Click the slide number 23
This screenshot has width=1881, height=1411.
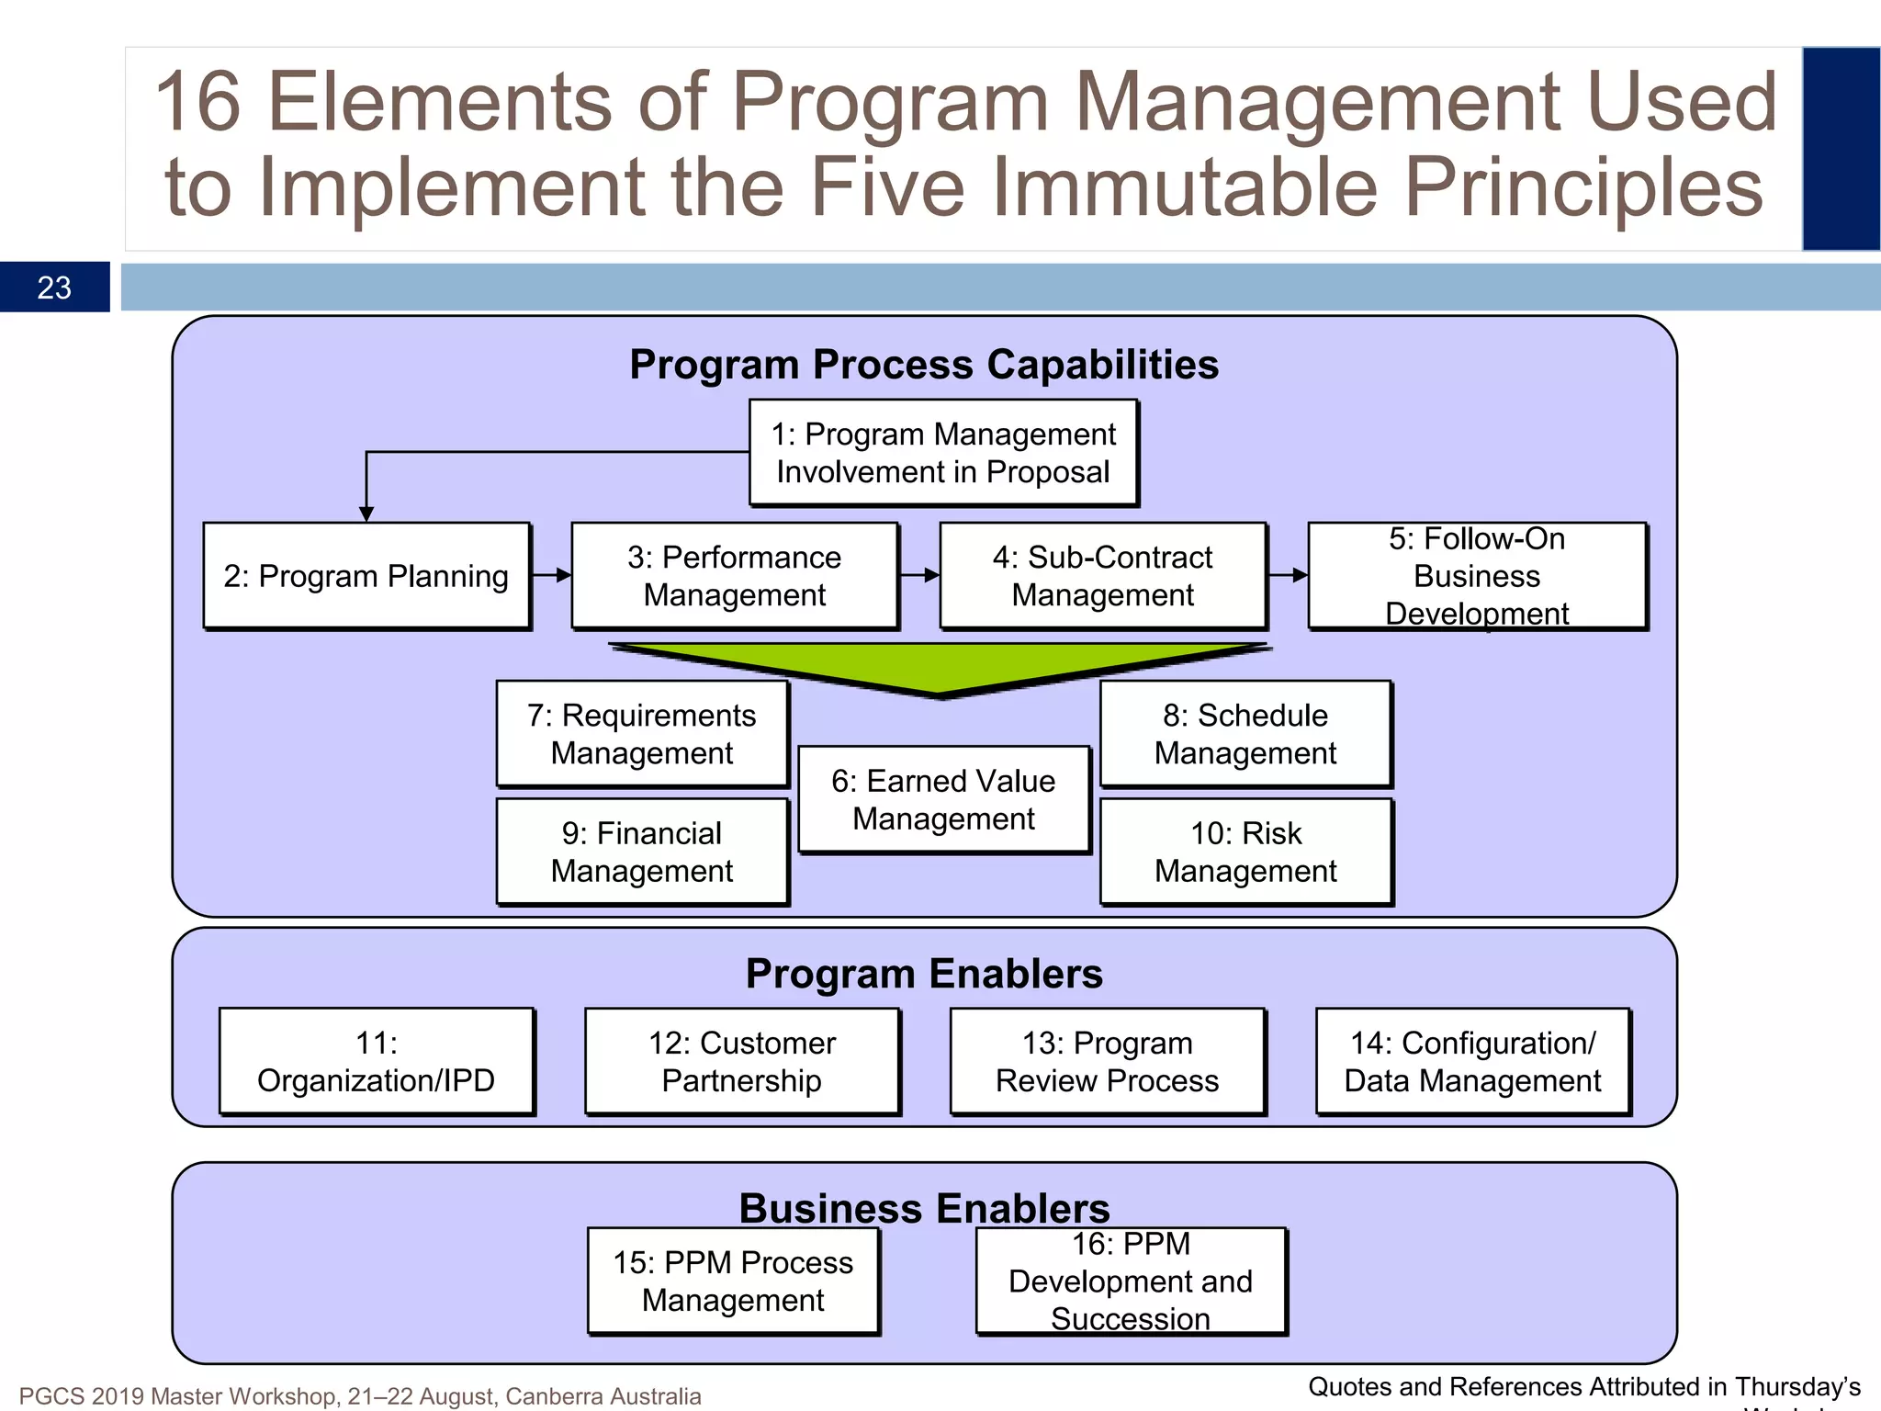[x=54, y=288]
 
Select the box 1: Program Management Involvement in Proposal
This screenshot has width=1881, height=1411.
[x=943, y=453]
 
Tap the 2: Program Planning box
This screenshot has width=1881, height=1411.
[x=366, y=576]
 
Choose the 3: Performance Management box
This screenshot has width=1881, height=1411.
[x=734, y=576]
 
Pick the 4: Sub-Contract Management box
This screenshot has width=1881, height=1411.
[x=1102, y=576]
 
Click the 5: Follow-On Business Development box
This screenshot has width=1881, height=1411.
[x=1477, y=576]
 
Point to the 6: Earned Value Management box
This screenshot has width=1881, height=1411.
[x=943, y=799]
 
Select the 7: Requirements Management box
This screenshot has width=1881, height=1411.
[x=642, y=734]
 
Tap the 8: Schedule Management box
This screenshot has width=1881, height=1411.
[x=1245, y=734]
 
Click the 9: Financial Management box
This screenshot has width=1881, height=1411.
[x=642, y=852]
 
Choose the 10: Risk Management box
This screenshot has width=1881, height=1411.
[x=1245, y=852]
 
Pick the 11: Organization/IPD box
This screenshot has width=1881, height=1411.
[x=377, y=1062]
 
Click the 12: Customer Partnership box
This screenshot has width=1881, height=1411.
[x=742, y=1062]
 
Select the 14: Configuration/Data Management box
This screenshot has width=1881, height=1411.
[x=1472, y=1062]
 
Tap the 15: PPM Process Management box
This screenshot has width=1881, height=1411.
[x=733, y=1281]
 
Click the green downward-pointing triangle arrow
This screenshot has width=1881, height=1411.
[x=939, y=667]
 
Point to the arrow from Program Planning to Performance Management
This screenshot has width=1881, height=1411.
[x=551, y=575]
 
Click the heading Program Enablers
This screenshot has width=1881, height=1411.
[x=924, y=974]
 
